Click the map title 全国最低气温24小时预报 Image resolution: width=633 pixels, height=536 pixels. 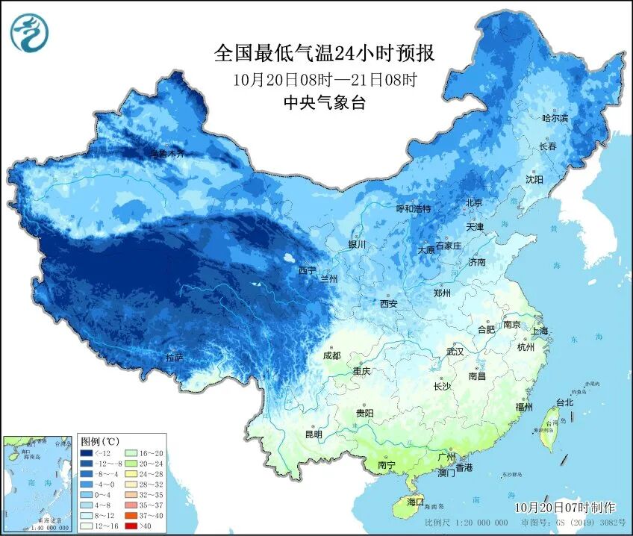[x=324, y=54]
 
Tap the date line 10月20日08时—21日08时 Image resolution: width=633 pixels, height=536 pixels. [x=324, y=79]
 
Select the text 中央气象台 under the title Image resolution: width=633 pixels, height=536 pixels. [x=324, y=103]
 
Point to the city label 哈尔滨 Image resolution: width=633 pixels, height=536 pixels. [x=555, y=119]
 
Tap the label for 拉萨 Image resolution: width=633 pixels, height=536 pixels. [x=174, y=358]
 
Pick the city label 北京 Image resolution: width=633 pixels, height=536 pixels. [x=474, y=202]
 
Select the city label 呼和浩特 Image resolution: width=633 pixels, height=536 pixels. [x=413, y=209]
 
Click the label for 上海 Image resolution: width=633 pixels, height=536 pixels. [x=540, y=331]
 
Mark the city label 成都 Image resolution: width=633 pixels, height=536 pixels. [x=332, y=355]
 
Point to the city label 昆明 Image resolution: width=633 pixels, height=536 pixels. [x=314, y=434]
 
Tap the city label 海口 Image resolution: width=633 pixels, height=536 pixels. [x=414, y=502]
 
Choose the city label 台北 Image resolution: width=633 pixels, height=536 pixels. [x=564, y=402]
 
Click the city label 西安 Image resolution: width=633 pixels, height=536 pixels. [x=388, y=304]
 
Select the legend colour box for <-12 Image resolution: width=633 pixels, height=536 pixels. [x=87, y=453]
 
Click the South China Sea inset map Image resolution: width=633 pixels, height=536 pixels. [x=37, y=484]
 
